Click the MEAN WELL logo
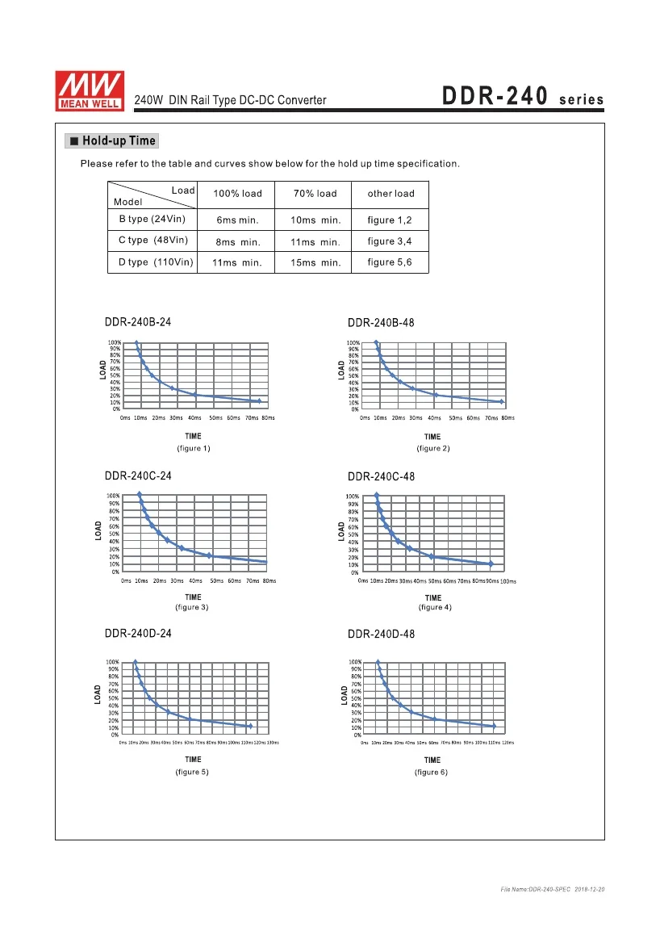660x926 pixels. pos(89,89)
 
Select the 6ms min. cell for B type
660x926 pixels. pos(237,220)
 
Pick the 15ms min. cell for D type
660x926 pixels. pos(315,263)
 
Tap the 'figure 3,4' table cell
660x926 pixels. pos(390,241)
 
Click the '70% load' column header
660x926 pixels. pos(315,194)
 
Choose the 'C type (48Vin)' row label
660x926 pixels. pos(153,241)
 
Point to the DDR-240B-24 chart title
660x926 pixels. pos(138,322)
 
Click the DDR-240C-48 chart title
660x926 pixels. pos(381,477)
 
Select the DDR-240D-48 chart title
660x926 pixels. pos(381,635)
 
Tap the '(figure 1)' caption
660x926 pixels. pos(194,448)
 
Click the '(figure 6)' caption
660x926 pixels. pos(432,773)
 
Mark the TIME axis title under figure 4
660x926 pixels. pos(433,598)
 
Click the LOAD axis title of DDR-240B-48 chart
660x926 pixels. pos(342,371)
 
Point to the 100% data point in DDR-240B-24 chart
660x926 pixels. pos(136,343)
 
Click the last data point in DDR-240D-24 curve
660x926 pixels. pos(250,727)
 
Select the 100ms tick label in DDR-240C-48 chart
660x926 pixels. pos(508,581)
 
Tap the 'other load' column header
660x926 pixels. pos(391,194)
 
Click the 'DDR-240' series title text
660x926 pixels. pos(495,98)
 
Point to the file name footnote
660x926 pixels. pos(552,889)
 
